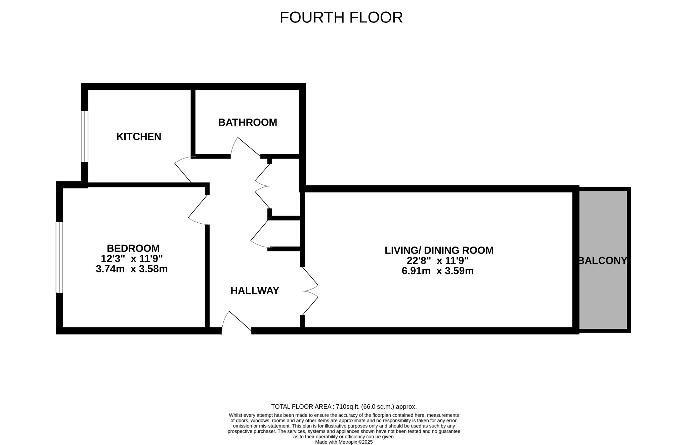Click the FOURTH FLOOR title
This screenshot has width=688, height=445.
(341, 17)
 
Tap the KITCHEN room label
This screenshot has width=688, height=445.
(139, 137)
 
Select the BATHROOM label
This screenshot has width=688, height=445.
(248, 122)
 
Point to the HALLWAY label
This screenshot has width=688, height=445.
(255, 291)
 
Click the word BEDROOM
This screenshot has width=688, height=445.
(133, 248)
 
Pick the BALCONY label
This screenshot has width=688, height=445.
(603, 261)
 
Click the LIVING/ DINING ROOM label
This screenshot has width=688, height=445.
(439, 250)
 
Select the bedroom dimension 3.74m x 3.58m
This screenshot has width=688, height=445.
(132, 269)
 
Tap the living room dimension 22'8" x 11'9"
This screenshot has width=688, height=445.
(438, 261)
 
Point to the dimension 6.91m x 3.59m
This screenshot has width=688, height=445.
(438, 271)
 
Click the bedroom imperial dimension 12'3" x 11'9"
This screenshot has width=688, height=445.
(132, 259)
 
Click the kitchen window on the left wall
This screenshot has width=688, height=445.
(85, 137)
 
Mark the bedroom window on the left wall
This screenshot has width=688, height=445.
(59, 257)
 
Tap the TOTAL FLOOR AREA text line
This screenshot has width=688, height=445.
(344, 407)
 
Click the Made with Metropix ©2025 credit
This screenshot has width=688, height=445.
(344, 442)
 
